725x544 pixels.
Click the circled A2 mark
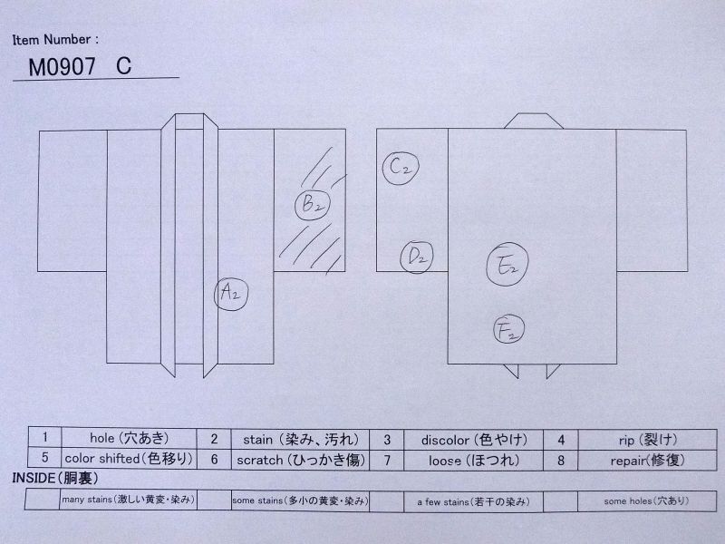[x=231, y=294]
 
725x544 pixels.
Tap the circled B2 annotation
[x=313, y=204]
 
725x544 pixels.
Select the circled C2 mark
[x=401, y=168]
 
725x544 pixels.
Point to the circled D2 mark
[x=417, y=257]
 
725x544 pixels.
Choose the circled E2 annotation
[x=507, y=264]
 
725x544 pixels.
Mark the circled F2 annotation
[x=509, y=329]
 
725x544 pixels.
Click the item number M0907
[x=62, y=67]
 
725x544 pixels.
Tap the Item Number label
[x=55, y=40]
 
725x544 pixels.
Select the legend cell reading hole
[x=129, y=437]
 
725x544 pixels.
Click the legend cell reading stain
[x=301, y=439]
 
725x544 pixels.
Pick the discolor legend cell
[x=474, y=440]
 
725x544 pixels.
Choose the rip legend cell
[x=647, y=440]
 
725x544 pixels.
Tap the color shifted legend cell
[x=129, y=458]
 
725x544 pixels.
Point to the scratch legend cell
[x=301, y=460]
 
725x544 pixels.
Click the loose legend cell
[x=474, y=461]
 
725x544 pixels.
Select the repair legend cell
[x=647, y=461]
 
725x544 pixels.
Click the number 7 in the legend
[x=387, y=461]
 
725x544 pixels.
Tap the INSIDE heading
[x=55, y=479]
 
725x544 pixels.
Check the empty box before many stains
[x=43, y=500]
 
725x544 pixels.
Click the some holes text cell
[x=647, y=501]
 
